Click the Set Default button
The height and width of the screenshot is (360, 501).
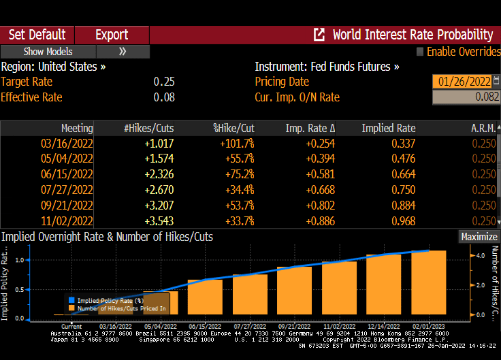coord(37,35)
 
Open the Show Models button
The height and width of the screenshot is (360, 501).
coord(48,52)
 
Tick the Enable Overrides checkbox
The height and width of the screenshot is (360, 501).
coord(420,52)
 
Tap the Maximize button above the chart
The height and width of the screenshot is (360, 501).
coord(479,237)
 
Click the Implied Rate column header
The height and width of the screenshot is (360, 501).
coord(388,128)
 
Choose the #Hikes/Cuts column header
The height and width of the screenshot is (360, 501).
coord(149,128)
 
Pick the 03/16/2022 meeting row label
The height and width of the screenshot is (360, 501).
coord(67,144)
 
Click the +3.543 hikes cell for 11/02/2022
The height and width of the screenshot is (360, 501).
coord(159,221)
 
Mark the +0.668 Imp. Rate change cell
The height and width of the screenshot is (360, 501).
coord(320,190)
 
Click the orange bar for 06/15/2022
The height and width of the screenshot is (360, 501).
coord(205,297)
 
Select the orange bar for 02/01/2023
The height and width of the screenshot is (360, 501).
coord(429,282)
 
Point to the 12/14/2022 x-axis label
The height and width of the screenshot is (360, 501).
coord(383,327)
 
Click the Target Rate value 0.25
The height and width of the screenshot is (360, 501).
coord(164,82)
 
